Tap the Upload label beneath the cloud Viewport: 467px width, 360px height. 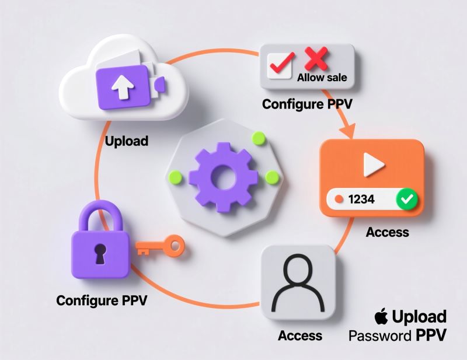click(127, 141)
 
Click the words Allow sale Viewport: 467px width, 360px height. click(322, 78)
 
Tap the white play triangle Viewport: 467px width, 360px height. click(372, 166)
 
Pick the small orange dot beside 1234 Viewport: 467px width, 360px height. click(338, 199)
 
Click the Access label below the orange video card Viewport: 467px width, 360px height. click(387, 232)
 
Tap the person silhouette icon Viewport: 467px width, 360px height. click(298, 283)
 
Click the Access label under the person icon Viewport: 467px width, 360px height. click(300, 335)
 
